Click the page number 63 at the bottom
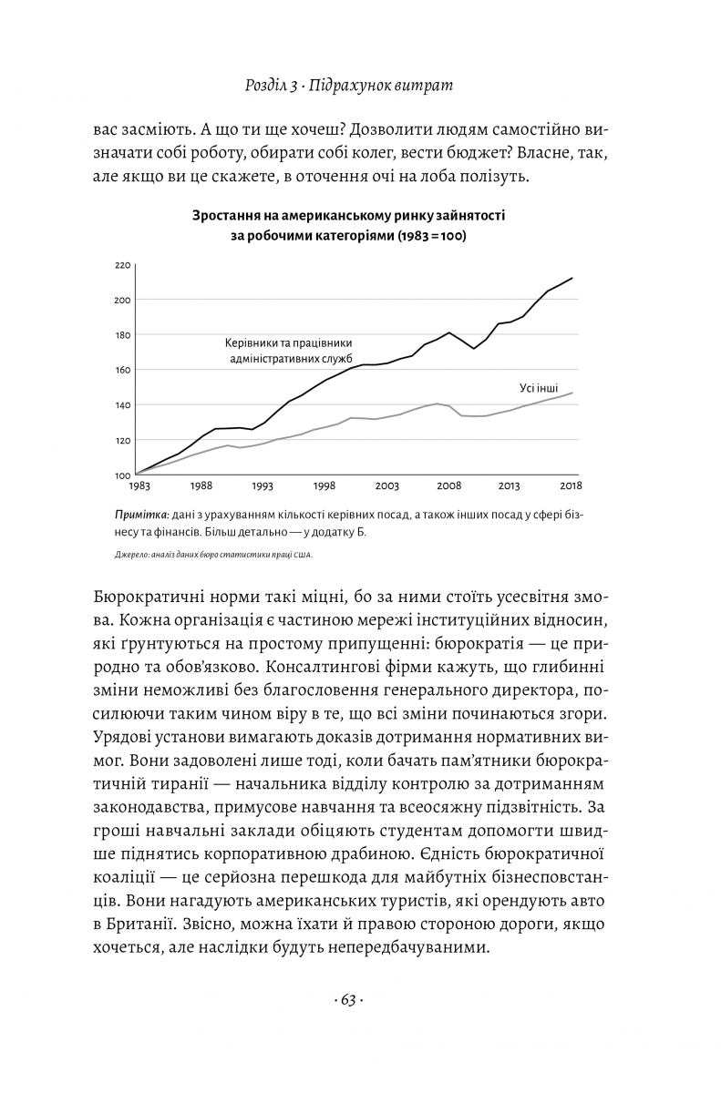(x=349, y=1001)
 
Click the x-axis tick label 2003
(x=386, y=486)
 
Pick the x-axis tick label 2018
(x=572, y=486)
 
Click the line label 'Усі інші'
(x=539, y=388)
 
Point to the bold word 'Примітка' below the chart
(x=138, y=515)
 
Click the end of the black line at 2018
(x=572, y=278)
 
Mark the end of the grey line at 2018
(x=572, y=393)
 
